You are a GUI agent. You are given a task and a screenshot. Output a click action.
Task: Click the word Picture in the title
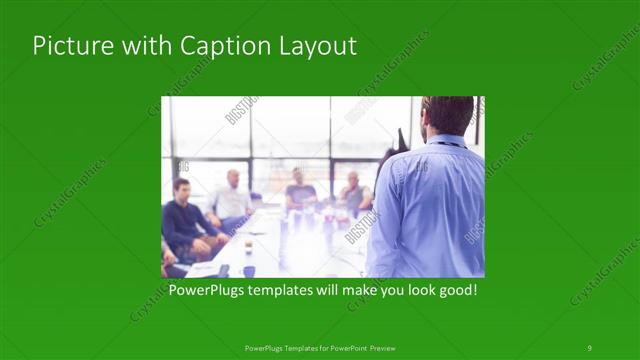[x=71, y=46]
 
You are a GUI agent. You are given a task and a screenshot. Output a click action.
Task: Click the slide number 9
[x=589, y=347]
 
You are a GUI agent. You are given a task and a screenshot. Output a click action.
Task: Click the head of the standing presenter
[x=446, y=116]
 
